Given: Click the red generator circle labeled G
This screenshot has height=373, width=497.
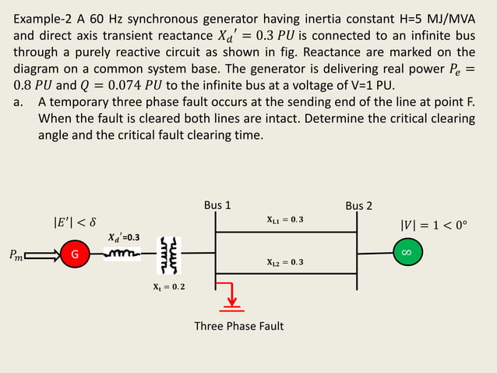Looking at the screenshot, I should [76, 254].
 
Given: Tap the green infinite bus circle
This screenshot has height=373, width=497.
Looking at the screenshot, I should [406, 254].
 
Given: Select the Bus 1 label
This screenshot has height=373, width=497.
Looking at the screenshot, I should [217, 206].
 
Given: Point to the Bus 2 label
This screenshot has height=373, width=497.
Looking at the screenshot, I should [358, 206].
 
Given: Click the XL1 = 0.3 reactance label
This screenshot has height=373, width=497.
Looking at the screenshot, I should [284, 219].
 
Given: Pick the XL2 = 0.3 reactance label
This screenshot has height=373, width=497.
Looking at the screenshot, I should [284, 262].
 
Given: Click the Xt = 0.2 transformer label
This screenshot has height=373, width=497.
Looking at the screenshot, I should [168, 287].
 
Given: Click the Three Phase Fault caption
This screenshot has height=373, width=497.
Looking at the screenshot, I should [239, 325].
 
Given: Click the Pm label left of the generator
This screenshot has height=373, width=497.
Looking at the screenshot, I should [16, 254].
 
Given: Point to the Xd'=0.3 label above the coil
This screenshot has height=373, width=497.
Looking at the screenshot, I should [123, 237].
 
